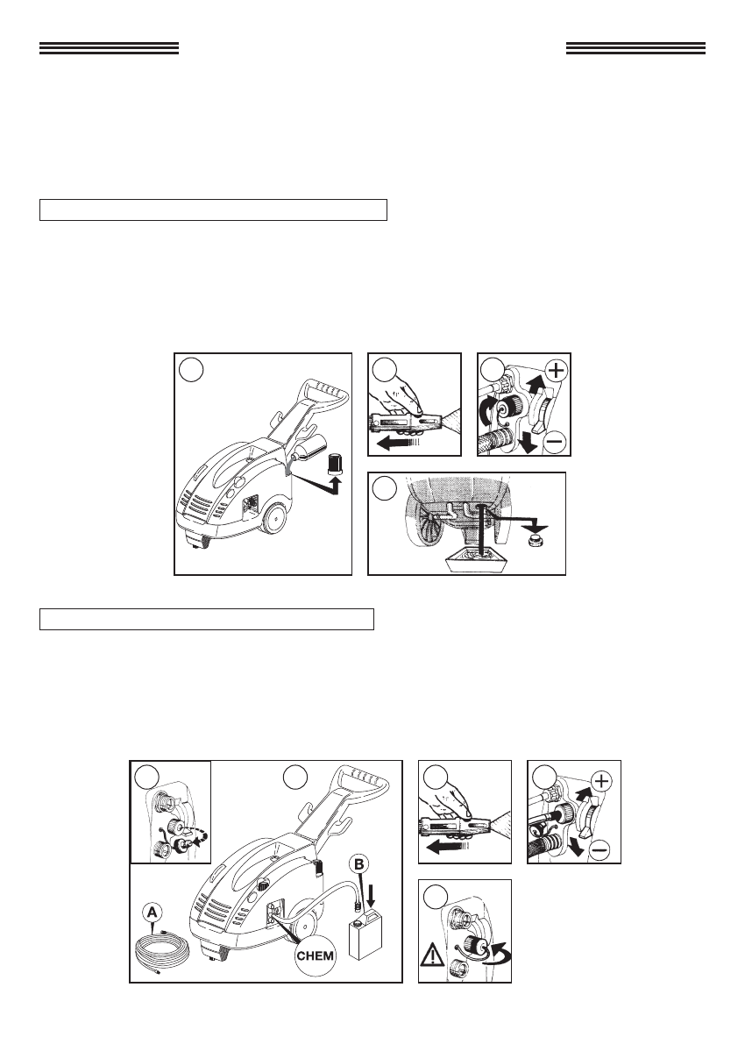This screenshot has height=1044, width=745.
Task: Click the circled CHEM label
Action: pyautogui.click(x=316, y=956)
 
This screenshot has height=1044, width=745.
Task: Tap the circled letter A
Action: pyautogui.click(x=153, y=910)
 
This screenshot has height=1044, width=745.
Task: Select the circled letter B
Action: pyautogui.click(x=358, y=864)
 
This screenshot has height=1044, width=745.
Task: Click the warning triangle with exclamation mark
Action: pyautogui.click(x=432, y=956)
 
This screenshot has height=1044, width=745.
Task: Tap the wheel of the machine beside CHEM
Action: pyautogui.click(x=305, y=927)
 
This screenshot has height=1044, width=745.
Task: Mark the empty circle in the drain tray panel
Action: pyautogui.click(x=384, y=488)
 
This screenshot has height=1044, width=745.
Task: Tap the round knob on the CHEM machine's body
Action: pyautogui.click(x=264, y=886)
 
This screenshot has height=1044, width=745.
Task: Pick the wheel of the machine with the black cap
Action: pyautogui.click(x=275, y=520)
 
